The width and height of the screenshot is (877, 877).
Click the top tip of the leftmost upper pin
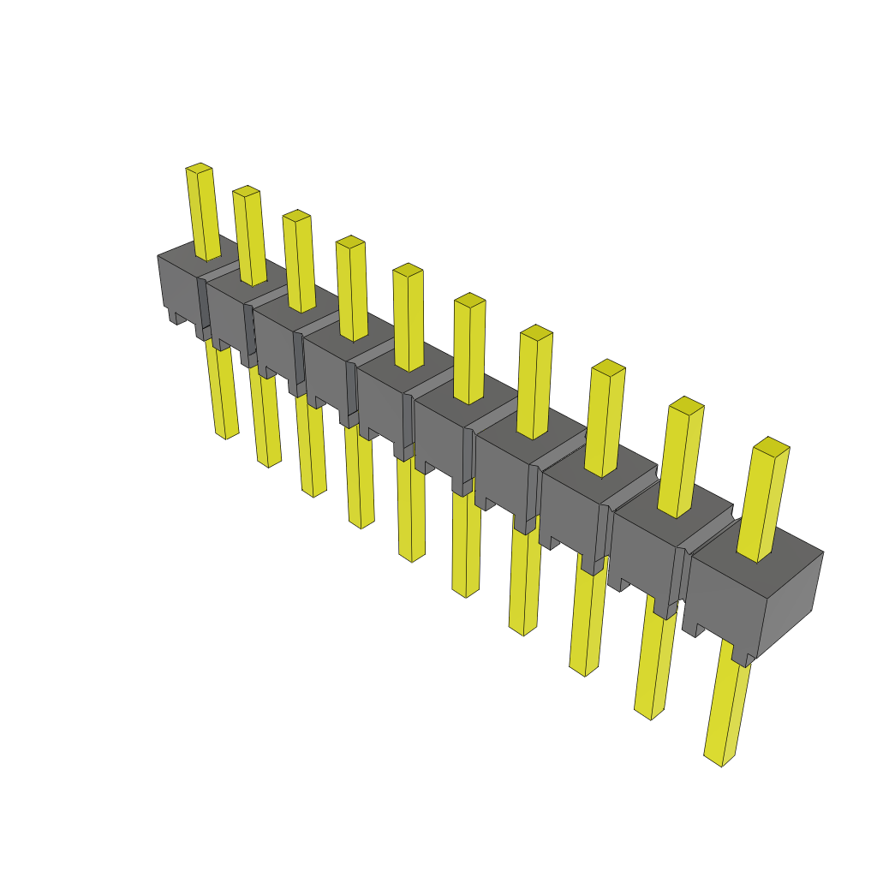pos(199,168)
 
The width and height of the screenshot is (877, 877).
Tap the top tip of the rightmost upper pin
pos(771,446)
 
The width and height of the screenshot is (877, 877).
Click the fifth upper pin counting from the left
pos(409,317)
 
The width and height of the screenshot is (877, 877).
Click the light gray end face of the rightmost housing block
pos(790,600)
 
